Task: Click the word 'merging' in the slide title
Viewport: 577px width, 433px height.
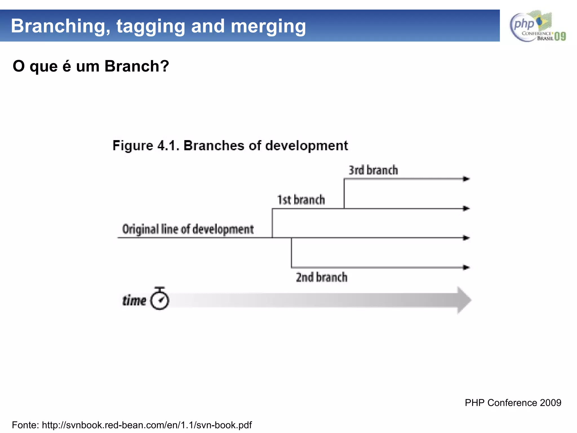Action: [x=268, y=26]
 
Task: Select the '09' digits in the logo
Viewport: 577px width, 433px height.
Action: [x=560, y=36]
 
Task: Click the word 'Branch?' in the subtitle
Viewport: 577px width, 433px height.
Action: [x=137, y=66]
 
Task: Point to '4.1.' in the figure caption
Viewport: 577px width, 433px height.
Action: [x=168, y=146]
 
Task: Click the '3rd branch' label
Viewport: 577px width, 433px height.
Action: [x=373, y=170]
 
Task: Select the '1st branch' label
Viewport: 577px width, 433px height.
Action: [x=301, y=200]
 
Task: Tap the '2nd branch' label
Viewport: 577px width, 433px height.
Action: [x=321, y=277]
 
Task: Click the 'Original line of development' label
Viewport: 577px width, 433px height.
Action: [x=188, y=229]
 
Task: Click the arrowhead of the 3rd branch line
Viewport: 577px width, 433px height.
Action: [x=466, y=179]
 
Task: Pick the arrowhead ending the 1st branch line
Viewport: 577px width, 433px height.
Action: [x=466, y=209]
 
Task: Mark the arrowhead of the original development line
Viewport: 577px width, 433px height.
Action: [x=466, y=238]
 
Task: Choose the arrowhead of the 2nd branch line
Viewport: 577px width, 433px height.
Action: [x=466, y=267]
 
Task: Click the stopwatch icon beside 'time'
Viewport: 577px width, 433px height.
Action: [x=160, y=299]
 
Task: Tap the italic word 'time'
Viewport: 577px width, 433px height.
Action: [x=134, y=301]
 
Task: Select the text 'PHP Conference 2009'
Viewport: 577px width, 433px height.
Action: [x=513, y=403]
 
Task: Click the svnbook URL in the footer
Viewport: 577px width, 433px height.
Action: [x=147, y=425]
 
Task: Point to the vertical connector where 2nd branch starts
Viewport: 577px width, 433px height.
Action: [x=291, y=253]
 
